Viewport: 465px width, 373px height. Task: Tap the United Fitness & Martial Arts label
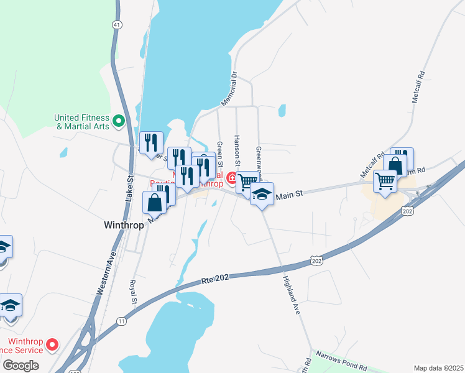point(81,121)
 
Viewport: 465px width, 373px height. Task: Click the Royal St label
point(133,292)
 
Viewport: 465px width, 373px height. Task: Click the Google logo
point(21,365)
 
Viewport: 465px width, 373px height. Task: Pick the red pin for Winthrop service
point(53,344)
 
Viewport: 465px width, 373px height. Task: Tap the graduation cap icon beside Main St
point(262,193)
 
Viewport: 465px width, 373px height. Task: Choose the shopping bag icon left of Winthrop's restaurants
point(155,201)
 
